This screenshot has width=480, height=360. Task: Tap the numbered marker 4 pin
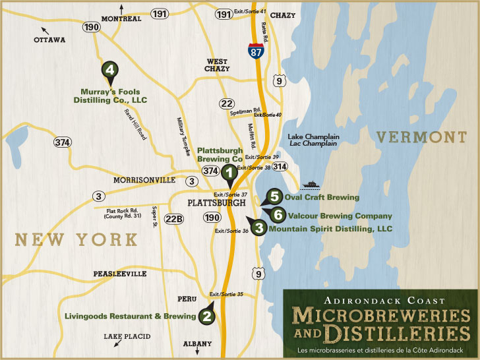point(109,70)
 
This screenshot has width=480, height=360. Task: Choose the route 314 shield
point(280,167)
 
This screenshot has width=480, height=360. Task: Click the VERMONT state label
point(421,137)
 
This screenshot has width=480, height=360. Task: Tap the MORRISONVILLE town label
point(144,180)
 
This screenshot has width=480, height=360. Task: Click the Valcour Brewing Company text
point(338,216)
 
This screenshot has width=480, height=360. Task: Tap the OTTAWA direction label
point(50,40)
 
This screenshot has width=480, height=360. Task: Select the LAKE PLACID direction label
point(127,337)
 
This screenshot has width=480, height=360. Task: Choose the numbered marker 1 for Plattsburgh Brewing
point(228,173)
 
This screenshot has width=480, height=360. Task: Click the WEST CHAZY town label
point(216,65)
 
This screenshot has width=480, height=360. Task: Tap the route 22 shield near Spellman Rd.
point(227,104)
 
